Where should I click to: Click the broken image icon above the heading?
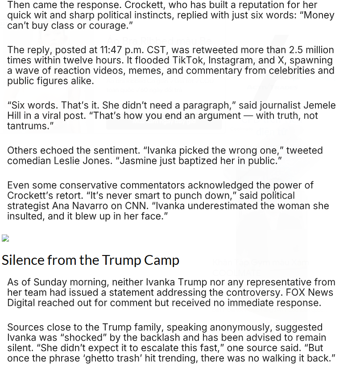pyautogui.click(x=5, y=238)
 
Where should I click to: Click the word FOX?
pyautogui.click(x=298, y=293)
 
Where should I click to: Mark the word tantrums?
pyautogui.click(x=30, y=126)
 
